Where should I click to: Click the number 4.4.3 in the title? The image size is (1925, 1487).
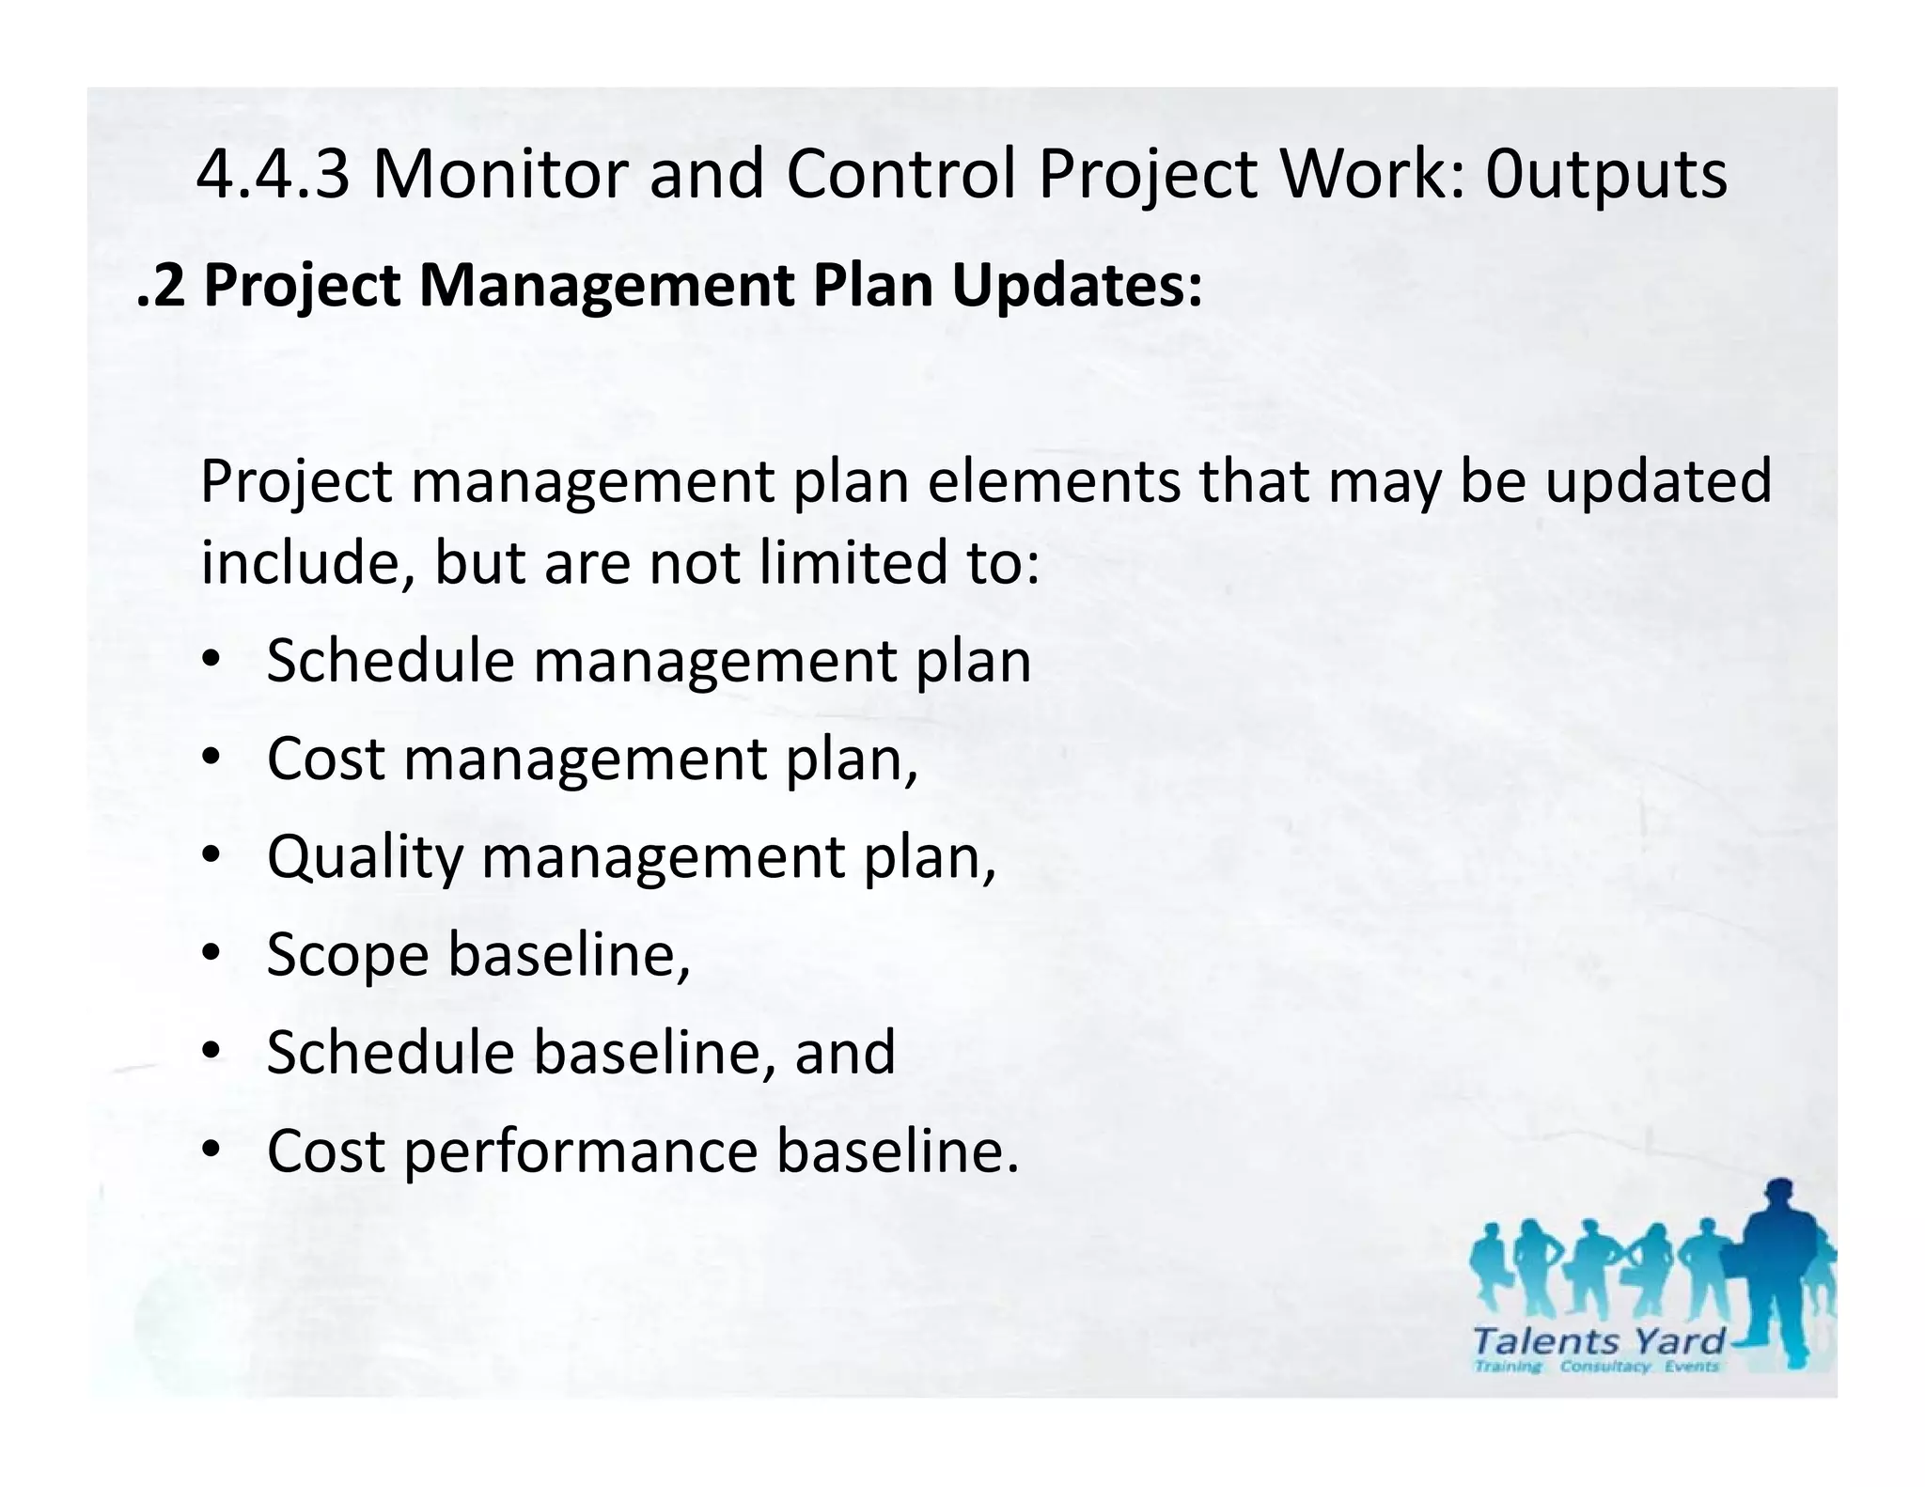pos(274,175)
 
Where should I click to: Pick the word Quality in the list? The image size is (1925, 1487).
pos(365,857)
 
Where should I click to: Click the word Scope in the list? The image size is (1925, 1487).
pos(347,956)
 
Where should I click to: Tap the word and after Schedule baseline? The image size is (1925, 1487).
pos(845,1052)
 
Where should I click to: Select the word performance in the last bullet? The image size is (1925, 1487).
pos(580,1152)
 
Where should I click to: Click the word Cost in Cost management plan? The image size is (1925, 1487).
pos(325,759)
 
